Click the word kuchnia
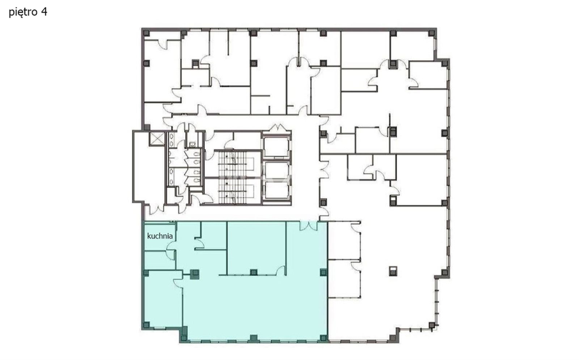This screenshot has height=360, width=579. pos(160,236)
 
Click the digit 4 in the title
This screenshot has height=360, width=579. pos(44,12)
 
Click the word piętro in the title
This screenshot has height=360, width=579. pos(22,12)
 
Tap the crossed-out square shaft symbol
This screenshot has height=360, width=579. pos(157,139)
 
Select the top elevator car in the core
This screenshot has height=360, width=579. pos(276,147)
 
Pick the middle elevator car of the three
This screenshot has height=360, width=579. pos(276,170)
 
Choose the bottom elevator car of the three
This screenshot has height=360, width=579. pos(276,190)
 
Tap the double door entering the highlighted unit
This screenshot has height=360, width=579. pos(308,226)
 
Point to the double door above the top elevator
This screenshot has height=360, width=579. pos(278,128)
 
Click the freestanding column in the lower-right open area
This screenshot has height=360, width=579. pos(393,271)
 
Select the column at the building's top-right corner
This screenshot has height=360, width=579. pos(431,33)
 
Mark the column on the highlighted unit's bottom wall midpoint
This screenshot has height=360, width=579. pos(254,338)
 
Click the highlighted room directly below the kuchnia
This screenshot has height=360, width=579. pos(160,260)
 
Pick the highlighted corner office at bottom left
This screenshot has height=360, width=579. pos(163,299)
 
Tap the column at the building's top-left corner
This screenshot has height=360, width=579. pos(146,33)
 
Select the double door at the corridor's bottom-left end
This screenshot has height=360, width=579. pos(157,209)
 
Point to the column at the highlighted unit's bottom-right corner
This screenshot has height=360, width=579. pos(323,338)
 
